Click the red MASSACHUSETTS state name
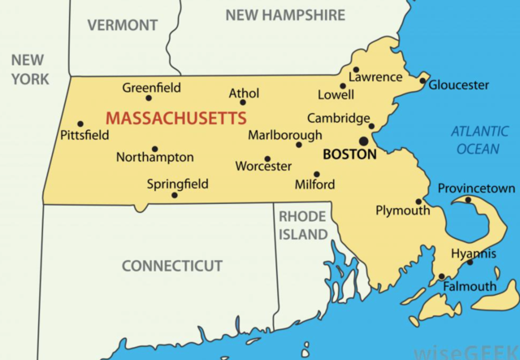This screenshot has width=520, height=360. (176, 119)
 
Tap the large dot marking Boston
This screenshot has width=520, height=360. (363, 141)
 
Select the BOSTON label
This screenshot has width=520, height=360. (349, 154)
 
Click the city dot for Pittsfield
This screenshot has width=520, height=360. (80, 124)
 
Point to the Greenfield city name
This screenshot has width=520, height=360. (151, 88)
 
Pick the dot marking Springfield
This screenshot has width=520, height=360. (175, 195)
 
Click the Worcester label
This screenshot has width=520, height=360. (263, 166)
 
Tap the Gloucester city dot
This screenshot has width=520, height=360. (422, 80)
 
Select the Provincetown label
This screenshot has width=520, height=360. (476, 189)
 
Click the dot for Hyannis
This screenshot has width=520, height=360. (470, 262)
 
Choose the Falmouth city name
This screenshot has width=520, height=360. (470, 286)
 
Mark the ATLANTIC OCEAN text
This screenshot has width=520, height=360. (479, 140)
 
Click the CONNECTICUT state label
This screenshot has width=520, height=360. (172, 266)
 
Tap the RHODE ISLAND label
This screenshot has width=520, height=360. (302, 225)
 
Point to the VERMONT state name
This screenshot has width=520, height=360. (122, 25)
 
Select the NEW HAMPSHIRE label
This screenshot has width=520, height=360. (285, 15)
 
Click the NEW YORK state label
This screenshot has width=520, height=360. (29, 69)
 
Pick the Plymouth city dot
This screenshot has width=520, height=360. (418, 202)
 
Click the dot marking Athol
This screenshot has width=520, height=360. (242, 102)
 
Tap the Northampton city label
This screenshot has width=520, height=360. (155, 157)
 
